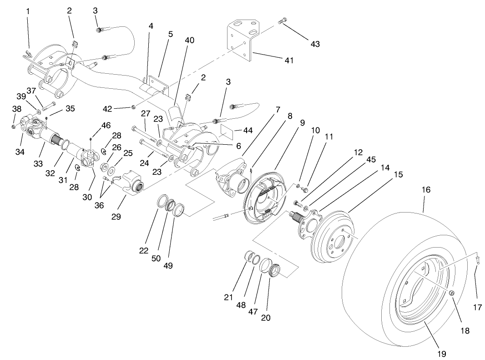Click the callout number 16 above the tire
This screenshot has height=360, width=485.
425,189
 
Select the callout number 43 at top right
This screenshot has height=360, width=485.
315,44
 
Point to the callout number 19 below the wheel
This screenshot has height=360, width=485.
441,353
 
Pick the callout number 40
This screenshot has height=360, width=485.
189,40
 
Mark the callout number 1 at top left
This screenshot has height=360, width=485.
28,10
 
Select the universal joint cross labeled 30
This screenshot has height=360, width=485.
90,157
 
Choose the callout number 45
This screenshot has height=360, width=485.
371,159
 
